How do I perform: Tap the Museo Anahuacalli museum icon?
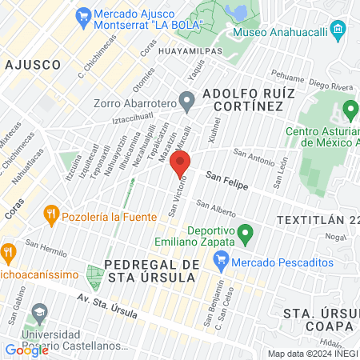pyautogui.click(x=337, y=33)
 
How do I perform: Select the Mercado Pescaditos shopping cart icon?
pyautogui.click(x=222, y=260)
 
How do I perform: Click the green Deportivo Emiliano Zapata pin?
pyautogui.click(x=246, y=234)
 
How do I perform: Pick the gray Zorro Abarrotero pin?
pyautogui.click(x=187, y=102)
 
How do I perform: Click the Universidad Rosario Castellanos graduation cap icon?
pyautogui.click(x=38, y=310)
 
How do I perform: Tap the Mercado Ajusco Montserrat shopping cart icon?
pyautogui.click(x=81, y=15)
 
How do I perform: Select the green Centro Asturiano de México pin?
pyautogui.click(x=349, y=109)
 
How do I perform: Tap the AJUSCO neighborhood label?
pyautogui.click(x=32, y=63)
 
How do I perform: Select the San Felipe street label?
pyautogui.click(x=227, y=179)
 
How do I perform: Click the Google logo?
pyautogui.click(x=27, y=350)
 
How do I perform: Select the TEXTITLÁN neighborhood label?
pyautogui.click(x=309, y=219)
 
